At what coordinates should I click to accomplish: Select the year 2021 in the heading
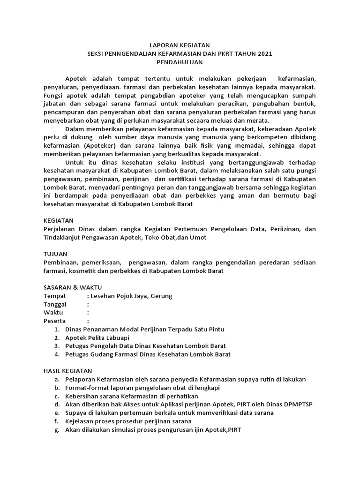tap(263, 53)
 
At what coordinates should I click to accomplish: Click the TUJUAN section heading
tap(55, 254)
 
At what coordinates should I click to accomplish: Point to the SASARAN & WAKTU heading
tap(73, 287)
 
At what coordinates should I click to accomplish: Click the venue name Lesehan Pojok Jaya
tap(123, 296)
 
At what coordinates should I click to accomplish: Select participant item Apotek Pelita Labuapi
tap(97, 338)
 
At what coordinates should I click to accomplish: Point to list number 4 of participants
tap(56, 355)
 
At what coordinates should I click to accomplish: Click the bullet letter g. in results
tap(56, 430)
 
